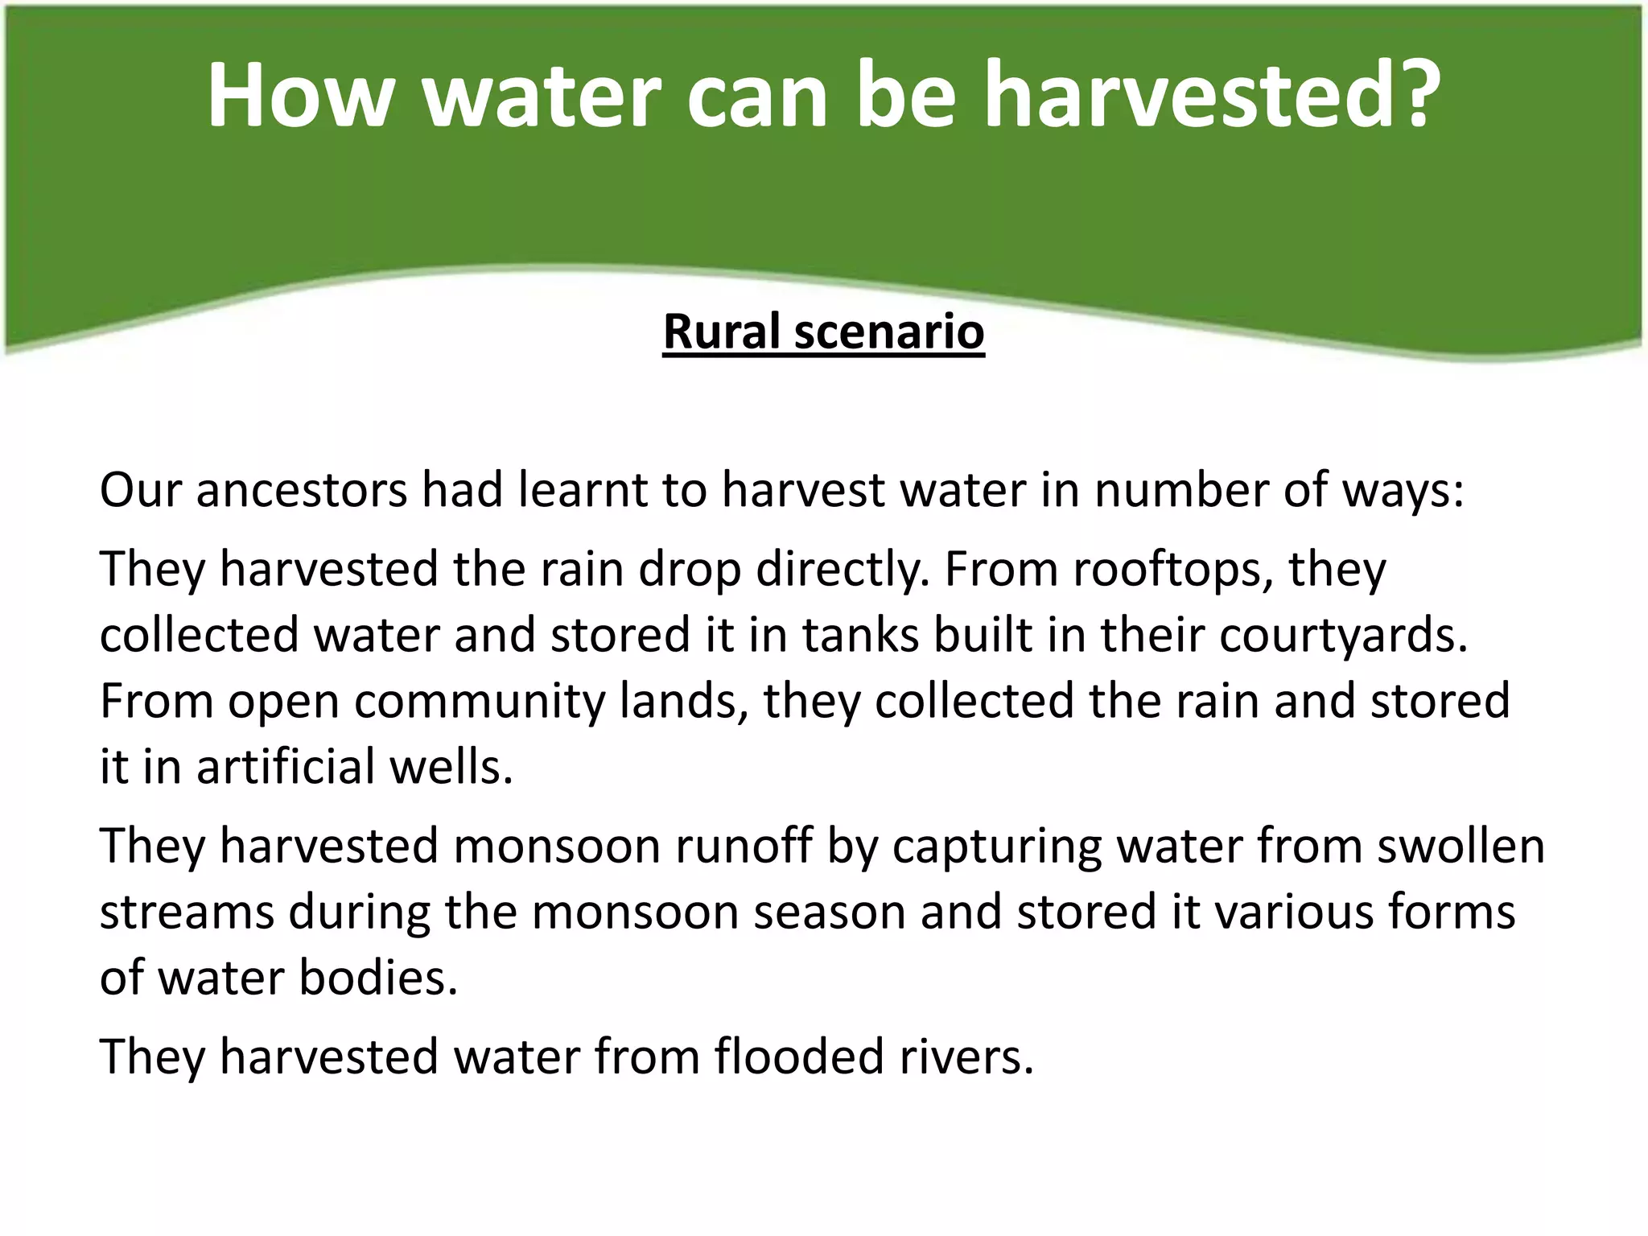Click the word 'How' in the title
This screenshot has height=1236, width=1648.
pyautogui.click(x=298, y=95)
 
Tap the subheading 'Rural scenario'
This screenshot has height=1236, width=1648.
pyautogui.click(x=823, y=332)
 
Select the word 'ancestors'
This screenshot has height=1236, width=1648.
pyautogui.click(x=302, y=490)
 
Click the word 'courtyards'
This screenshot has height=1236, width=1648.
pyautogui.click(x=1342, y=635)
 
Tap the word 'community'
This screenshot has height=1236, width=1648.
pyautogui.click(x=479, y=701)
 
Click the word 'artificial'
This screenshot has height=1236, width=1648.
pyautogui.click(x=286, y=767)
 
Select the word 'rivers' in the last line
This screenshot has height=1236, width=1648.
pyautogui.click(x=965, y=1057)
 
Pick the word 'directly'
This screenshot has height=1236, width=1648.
pyautogui.click(x=836, y=571)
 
